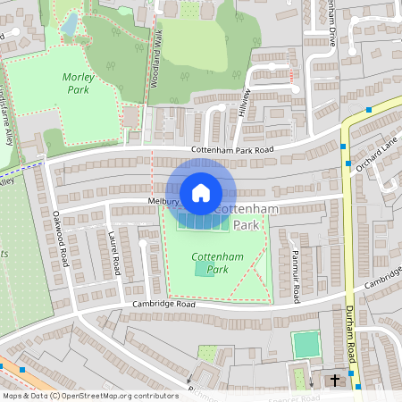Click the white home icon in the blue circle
point(201,192)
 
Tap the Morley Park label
point(78,84)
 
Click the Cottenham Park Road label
point(233,150)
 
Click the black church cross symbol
point(336,381)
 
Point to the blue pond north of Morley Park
point(69,26)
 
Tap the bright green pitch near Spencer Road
point(306,344)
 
